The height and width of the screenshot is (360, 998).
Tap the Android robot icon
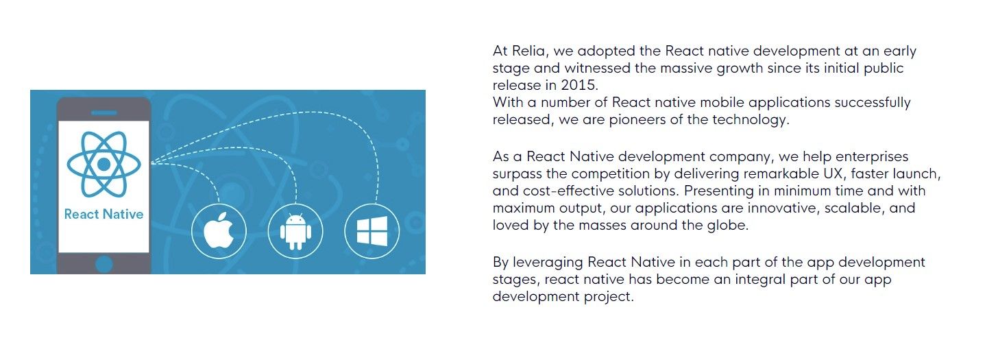[x=295, y=231]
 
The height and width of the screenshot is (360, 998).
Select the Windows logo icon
[x=372, y=231]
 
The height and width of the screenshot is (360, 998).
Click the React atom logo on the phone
[x=104, y=164]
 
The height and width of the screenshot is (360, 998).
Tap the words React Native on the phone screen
[x=104, y=215]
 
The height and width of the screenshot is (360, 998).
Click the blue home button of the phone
[x=104, y=264]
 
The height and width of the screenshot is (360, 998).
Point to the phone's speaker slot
[x=104, y=112]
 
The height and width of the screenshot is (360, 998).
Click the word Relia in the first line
[x=529, y=51]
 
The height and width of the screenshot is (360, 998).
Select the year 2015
[x=579, y=85]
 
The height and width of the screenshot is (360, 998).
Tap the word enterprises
[x=872, y=157]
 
